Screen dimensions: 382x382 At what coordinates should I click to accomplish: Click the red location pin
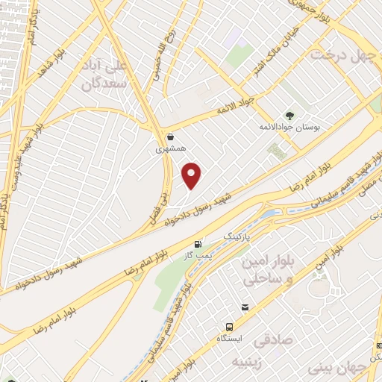tap(192, 175)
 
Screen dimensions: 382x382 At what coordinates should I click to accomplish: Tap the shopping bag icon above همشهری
tap(172, 137)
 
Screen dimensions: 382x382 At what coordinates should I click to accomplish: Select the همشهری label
tap(169, 148)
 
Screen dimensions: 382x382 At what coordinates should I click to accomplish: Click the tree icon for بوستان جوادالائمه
tap(289, 116)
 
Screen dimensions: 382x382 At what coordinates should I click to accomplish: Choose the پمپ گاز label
tap(198, 256)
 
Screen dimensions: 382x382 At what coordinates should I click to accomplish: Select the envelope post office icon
tap(245, 307)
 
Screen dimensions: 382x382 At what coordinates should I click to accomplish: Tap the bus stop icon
tap(229, 327)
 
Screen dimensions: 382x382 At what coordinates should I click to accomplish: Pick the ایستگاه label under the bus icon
tap(229, 339)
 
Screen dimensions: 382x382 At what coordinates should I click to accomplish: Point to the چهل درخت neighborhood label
tap(341, 55)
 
